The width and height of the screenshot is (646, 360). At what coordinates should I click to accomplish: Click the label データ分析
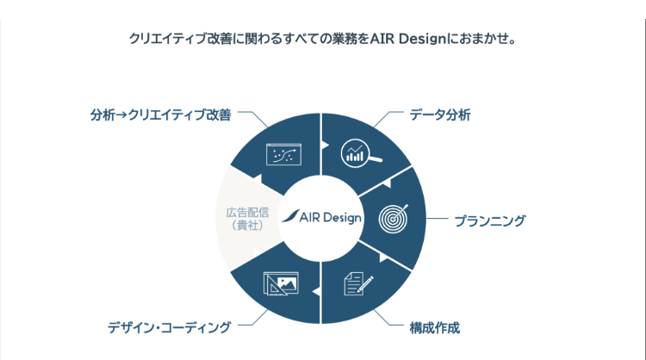(x=439, y=115)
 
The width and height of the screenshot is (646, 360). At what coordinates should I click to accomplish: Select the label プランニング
(x=489, y=221)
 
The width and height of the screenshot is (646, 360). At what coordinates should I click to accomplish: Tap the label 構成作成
(x=434, y=328)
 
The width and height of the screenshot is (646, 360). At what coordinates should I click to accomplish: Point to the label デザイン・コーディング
(x=169, y=328)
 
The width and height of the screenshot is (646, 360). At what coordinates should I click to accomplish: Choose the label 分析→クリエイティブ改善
(x=161, y=115)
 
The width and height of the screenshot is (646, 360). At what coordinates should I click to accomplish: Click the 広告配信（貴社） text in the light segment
(x=247, y=219)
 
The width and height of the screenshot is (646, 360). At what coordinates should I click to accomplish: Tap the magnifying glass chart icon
(x=361, y=153)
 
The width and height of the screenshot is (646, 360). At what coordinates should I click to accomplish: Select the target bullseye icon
(x=394, y=219)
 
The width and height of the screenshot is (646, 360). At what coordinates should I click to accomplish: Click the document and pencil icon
(x=358, y=283)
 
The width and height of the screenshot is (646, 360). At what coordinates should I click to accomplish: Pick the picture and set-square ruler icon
(x=281, y=283)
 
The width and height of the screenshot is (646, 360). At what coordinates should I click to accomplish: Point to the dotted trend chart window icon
(x=284, y=154)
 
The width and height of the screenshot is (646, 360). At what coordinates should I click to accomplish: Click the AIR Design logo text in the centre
(x=331, y=218)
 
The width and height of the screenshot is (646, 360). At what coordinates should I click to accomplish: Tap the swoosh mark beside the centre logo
(x=290, y=216)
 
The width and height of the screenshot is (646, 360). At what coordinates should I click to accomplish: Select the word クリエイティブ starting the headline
(x=168, y=39)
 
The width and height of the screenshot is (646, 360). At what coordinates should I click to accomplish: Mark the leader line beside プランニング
(x=437, y=218)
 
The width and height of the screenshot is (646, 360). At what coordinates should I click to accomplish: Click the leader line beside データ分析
(x=387, y=117)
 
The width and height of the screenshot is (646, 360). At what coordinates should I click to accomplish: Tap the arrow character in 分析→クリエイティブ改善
(x=121, y=115)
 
